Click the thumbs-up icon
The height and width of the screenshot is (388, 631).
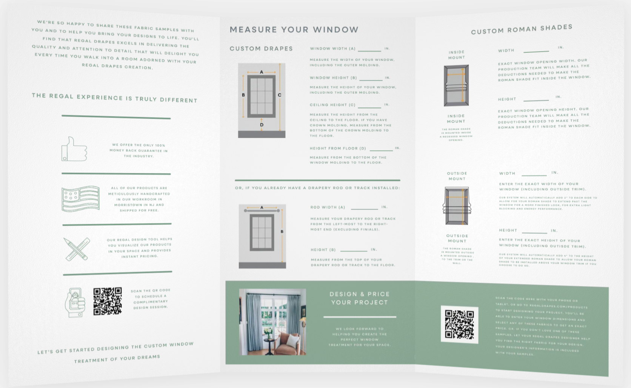tap(74, 149)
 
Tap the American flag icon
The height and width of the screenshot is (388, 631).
tap(80, 198)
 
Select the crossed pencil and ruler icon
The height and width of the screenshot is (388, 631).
tap(77, 249)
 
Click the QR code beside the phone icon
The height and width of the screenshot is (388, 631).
tap(108, 301)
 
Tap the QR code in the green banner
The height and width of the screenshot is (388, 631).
tap(459, 324)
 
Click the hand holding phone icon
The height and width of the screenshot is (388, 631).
tap(75, 302)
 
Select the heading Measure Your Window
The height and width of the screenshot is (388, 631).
tap(294, 29)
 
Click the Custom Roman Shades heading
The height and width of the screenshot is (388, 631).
tap(522, 29)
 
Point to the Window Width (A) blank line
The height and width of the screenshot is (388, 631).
tap(369, 50)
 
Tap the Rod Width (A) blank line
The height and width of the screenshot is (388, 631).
tap(364, 209)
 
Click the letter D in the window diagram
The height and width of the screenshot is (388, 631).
tap(262, 125)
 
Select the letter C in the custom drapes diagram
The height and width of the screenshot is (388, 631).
tap(280, 95)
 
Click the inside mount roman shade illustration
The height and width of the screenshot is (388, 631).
tap(456, 86)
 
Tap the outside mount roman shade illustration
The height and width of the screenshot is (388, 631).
tap(457, 206)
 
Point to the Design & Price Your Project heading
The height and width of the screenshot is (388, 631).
tap(359, 298)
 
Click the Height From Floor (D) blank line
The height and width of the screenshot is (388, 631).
tap(381, 150)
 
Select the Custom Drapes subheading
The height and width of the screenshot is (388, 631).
tap(261, 49)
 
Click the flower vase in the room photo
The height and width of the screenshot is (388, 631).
tap(268, 333)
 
